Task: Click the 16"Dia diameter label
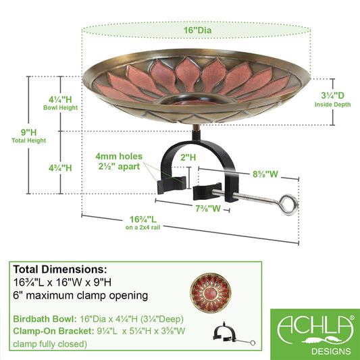[197, 30]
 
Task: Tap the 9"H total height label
[28, 132]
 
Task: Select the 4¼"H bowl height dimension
[60, 100]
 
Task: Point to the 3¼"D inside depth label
[332, 95]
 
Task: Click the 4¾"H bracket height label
[60, 168]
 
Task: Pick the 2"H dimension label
[188, 157]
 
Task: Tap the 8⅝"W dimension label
[265, 174]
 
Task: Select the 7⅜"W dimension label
[208, 209]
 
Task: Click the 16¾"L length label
[143, 220]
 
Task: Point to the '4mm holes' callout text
[119, 156]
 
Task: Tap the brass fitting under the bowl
[196, 127]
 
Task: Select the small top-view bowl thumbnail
[211, 292]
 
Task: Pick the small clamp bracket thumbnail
[234, 334]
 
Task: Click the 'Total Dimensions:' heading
[60, 269]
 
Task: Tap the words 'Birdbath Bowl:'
[45, 319]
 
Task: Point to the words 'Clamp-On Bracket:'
[53, 331]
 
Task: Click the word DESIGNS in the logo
[331, 351]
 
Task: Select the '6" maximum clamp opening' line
[80, 295]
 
